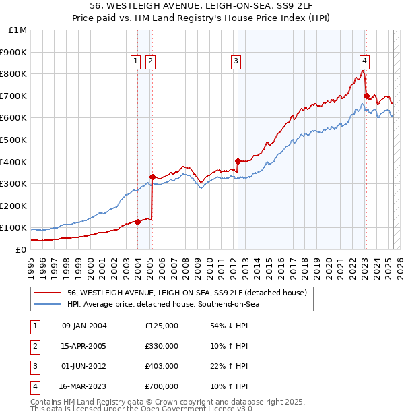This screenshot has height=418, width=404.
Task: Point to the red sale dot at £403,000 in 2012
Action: (x=238, y=161)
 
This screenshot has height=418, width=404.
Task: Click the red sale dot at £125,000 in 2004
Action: (x=137, y=222)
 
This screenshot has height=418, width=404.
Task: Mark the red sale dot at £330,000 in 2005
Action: (x=152, y=177)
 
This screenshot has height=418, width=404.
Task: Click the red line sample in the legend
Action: (x=47, y=293)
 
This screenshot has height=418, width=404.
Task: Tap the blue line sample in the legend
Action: (x=47, y=304)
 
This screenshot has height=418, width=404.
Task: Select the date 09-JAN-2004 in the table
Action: (x=84, y=326)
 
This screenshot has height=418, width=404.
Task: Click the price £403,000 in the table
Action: (x=162, y=366)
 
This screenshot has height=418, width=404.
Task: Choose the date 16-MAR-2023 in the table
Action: (x=84, y=386)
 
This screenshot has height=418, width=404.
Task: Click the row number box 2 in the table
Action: (x=34, y=346)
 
